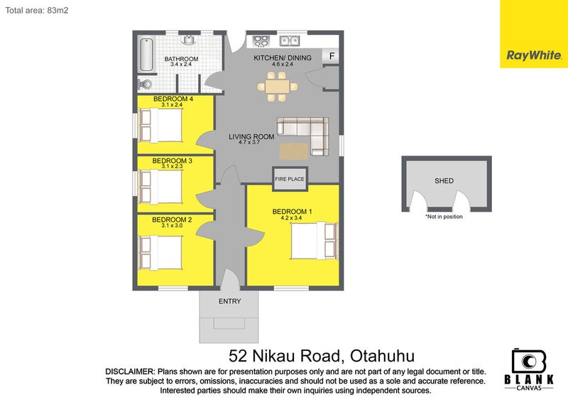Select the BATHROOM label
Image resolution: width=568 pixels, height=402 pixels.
click(181, 59)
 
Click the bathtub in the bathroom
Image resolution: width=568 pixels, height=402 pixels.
click(146, 53)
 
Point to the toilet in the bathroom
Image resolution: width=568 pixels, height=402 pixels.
click(145, 84)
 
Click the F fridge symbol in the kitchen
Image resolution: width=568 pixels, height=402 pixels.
click(332, 56)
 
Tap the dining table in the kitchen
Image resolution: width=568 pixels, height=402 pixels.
click(277, 87)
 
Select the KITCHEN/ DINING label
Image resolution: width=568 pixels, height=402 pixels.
click(283, 59)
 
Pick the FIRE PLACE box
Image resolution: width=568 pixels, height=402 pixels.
click(290, 179)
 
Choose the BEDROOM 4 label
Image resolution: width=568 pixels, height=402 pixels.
click(173, 98)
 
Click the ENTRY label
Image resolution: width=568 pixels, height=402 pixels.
click(230, 301)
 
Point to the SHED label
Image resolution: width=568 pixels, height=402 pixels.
click(444, 181)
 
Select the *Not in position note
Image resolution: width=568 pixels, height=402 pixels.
click(444, 217)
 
